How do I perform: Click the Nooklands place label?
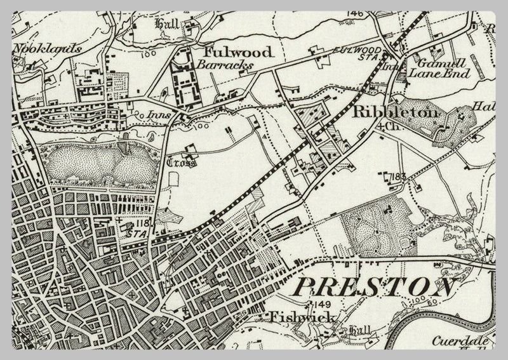(41, 48)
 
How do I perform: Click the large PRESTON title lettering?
(375, 286)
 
